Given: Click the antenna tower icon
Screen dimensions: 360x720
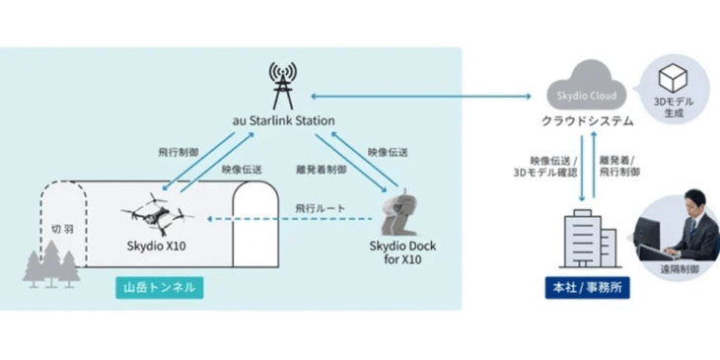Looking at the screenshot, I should pyautogui.click(x=284, y=85).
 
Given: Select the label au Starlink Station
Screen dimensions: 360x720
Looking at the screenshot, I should pyautogui.click(x=283, y=120).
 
